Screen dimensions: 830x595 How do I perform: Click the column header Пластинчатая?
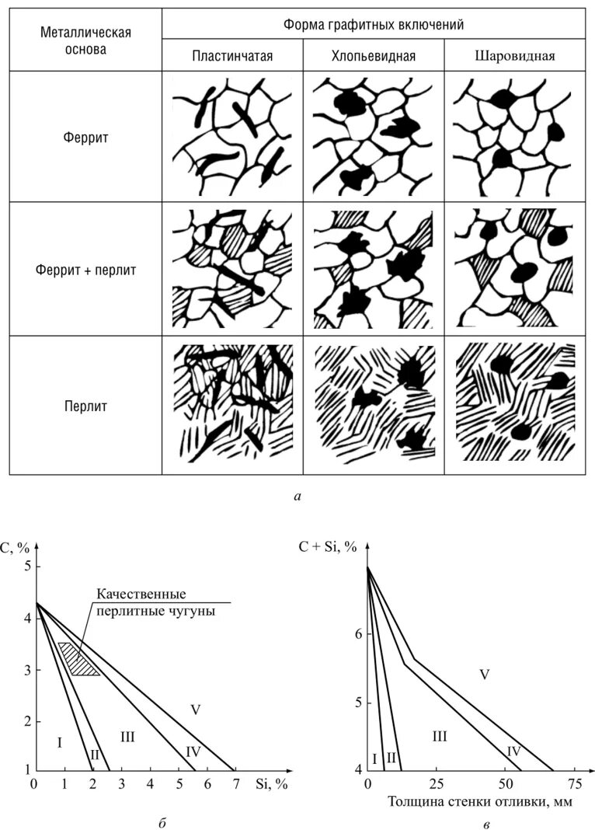[x=232, y=56]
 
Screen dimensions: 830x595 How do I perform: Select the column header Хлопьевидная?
[x=373, y=56]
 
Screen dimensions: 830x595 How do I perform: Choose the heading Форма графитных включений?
[x=374, y=25]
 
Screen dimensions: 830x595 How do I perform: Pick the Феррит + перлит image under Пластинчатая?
[x=232, y=270]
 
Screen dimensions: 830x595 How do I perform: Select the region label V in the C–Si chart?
[x=195, y=709]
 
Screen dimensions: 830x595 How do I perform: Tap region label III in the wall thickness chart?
[x=439, y=734]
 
